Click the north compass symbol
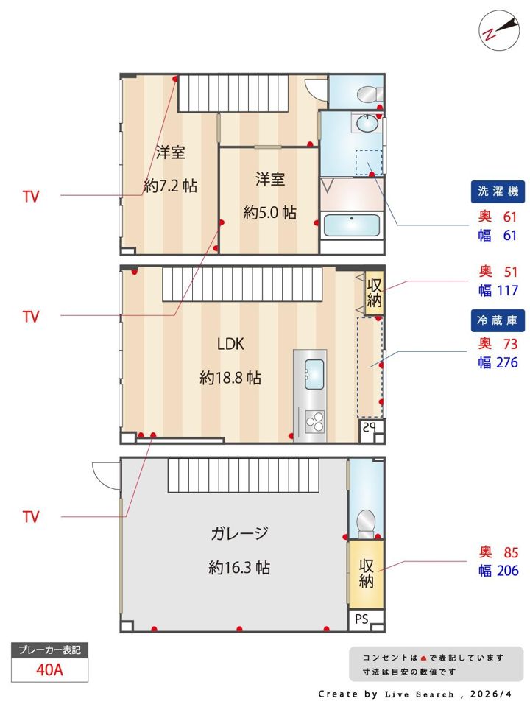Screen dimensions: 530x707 [x=499, y=31]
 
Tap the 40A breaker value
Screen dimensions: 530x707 [x=49, y=669]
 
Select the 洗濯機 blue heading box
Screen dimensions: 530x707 [x=498, y=191]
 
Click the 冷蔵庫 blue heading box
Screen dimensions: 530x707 [x=498, y=320]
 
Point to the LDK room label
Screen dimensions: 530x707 [x=230, y=344]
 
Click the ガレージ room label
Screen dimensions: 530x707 [x=239, y=533]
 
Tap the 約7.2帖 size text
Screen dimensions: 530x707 [x=170, y=186]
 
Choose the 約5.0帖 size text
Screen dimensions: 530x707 [x=270, y=212]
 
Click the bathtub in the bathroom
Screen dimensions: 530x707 [x=352, y=225]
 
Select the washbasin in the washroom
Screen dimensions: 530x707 [x=367, y=123]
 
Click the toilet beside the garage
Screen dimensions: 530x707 [x=366, y=524]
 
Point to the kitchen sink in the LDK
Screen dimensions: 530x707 [x=314, y=374]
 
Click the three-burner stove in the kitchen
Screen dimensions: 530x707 [x=314, y=421]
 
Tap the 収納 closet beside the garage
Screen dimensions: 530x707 [x=366, y=574]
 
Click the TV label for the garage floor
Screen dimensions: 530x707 [x=31, y=517]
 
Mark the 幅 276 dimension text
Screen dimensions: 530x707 [x=498, y=362]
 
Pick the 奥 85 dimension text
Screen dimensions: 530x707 [x=498, y=552]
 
